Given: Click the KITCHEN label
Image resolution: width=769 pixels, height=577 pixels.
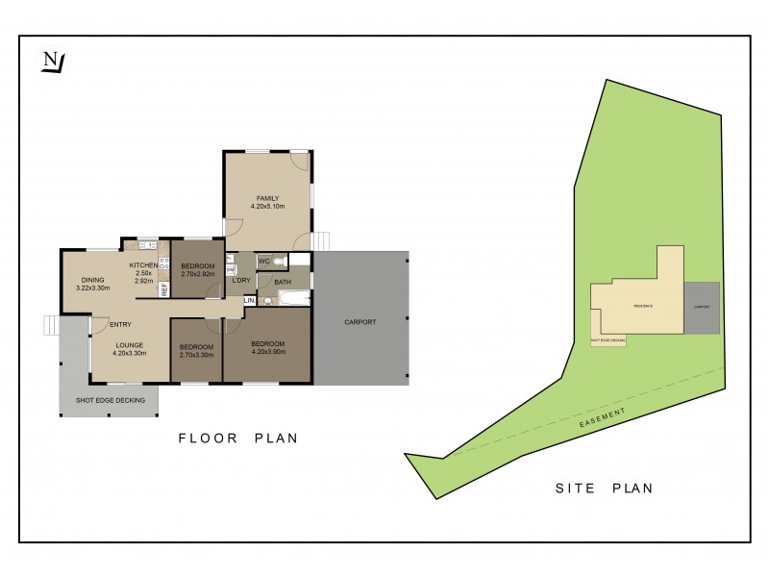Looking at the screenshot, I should click(x=144, y=264).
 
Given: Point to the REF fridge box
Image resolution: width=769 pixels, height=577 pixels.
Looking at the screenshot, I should click(x=164, y=288).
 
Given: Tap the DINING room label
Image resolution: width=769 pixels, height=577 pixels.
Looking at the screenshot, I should click(x=93, y=280).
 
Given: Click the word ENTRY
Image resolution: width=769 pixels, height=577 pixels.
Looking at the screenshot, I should click(x=121, y=323).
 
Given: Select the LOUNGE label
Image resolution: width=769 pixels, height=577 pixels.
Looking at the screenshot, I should click(x=130, y=344).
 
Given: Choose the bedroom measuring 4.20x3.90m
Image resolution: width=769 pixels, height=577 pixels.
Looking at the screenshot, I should click(x=267, y=348).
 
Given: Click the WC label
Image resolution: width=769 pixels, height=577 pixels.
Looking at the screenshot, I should click(x=263, y=261).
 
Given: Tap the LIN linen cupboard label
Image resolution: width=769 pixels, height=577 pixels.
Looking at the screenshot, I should click(x=249, y=301).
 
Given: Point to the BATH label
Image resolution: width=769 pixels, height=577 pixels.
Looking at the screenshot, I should click(x=282, y=282).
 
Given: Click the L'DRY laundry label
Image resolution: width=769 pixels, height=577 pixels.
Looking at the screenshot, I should click(x=240, y=280).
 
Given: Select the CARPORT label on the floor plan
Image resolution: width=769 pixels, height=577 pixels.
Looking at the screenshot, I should click(x=360, y=322).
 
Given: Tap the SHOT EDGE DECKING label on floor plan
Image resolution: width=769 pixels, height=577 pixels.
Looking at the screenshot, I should click(x=109, y=401).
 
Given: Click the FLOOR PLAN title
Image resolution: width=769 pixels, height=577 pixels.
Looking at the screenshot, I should click(x=238, y=439).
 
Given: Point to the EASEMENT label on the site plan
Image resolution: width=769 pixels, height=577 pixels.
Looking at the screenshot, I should click(x=603, y=416).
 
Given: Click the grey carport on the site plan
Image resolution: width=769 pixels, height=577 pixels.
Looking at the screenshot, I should click(x=702, y=308).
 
